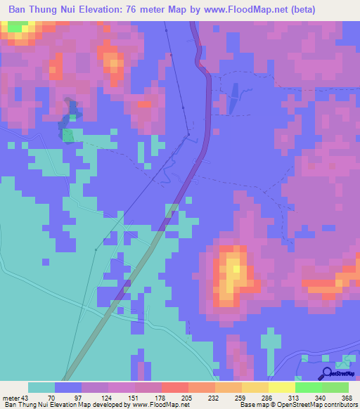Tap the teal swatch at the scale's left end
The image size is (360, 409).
pos(41,387)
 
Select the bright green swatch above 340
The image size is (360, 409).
pos(309,387)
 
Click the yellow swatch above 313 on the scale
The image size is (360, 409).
pos(282,387)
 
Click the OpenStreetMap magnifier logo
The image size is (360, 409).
pos(328,375)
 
